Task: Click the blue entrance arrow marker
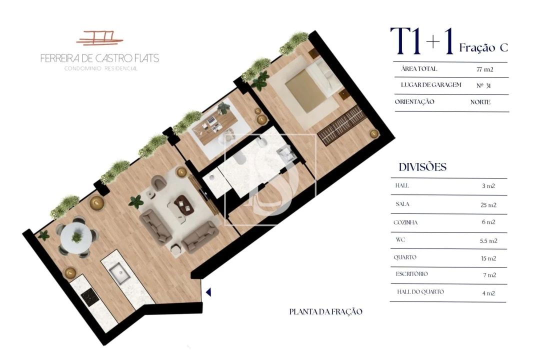[x=208, y=292]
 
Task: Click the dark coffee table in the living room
[x=182, y=204]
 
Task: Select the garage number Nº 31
[x=483, y=85]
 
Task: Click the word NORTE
[x=480, y=102]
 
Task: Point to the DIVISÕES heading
[x=422, y=167]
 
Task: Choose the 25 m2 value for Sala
[x=488, y=204]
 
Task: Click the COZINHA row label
[x=405, y=222]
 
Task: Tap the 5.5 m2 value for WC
[x=488, y=240]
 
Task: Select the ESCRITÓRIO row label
[x=411, y=274]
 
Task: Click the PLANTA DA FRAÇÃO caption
[x=325, y=311]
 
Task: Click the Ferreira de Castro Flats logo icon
[x=99, y=38]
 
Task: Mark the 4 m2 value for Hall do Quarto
[x=488, y=293]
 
